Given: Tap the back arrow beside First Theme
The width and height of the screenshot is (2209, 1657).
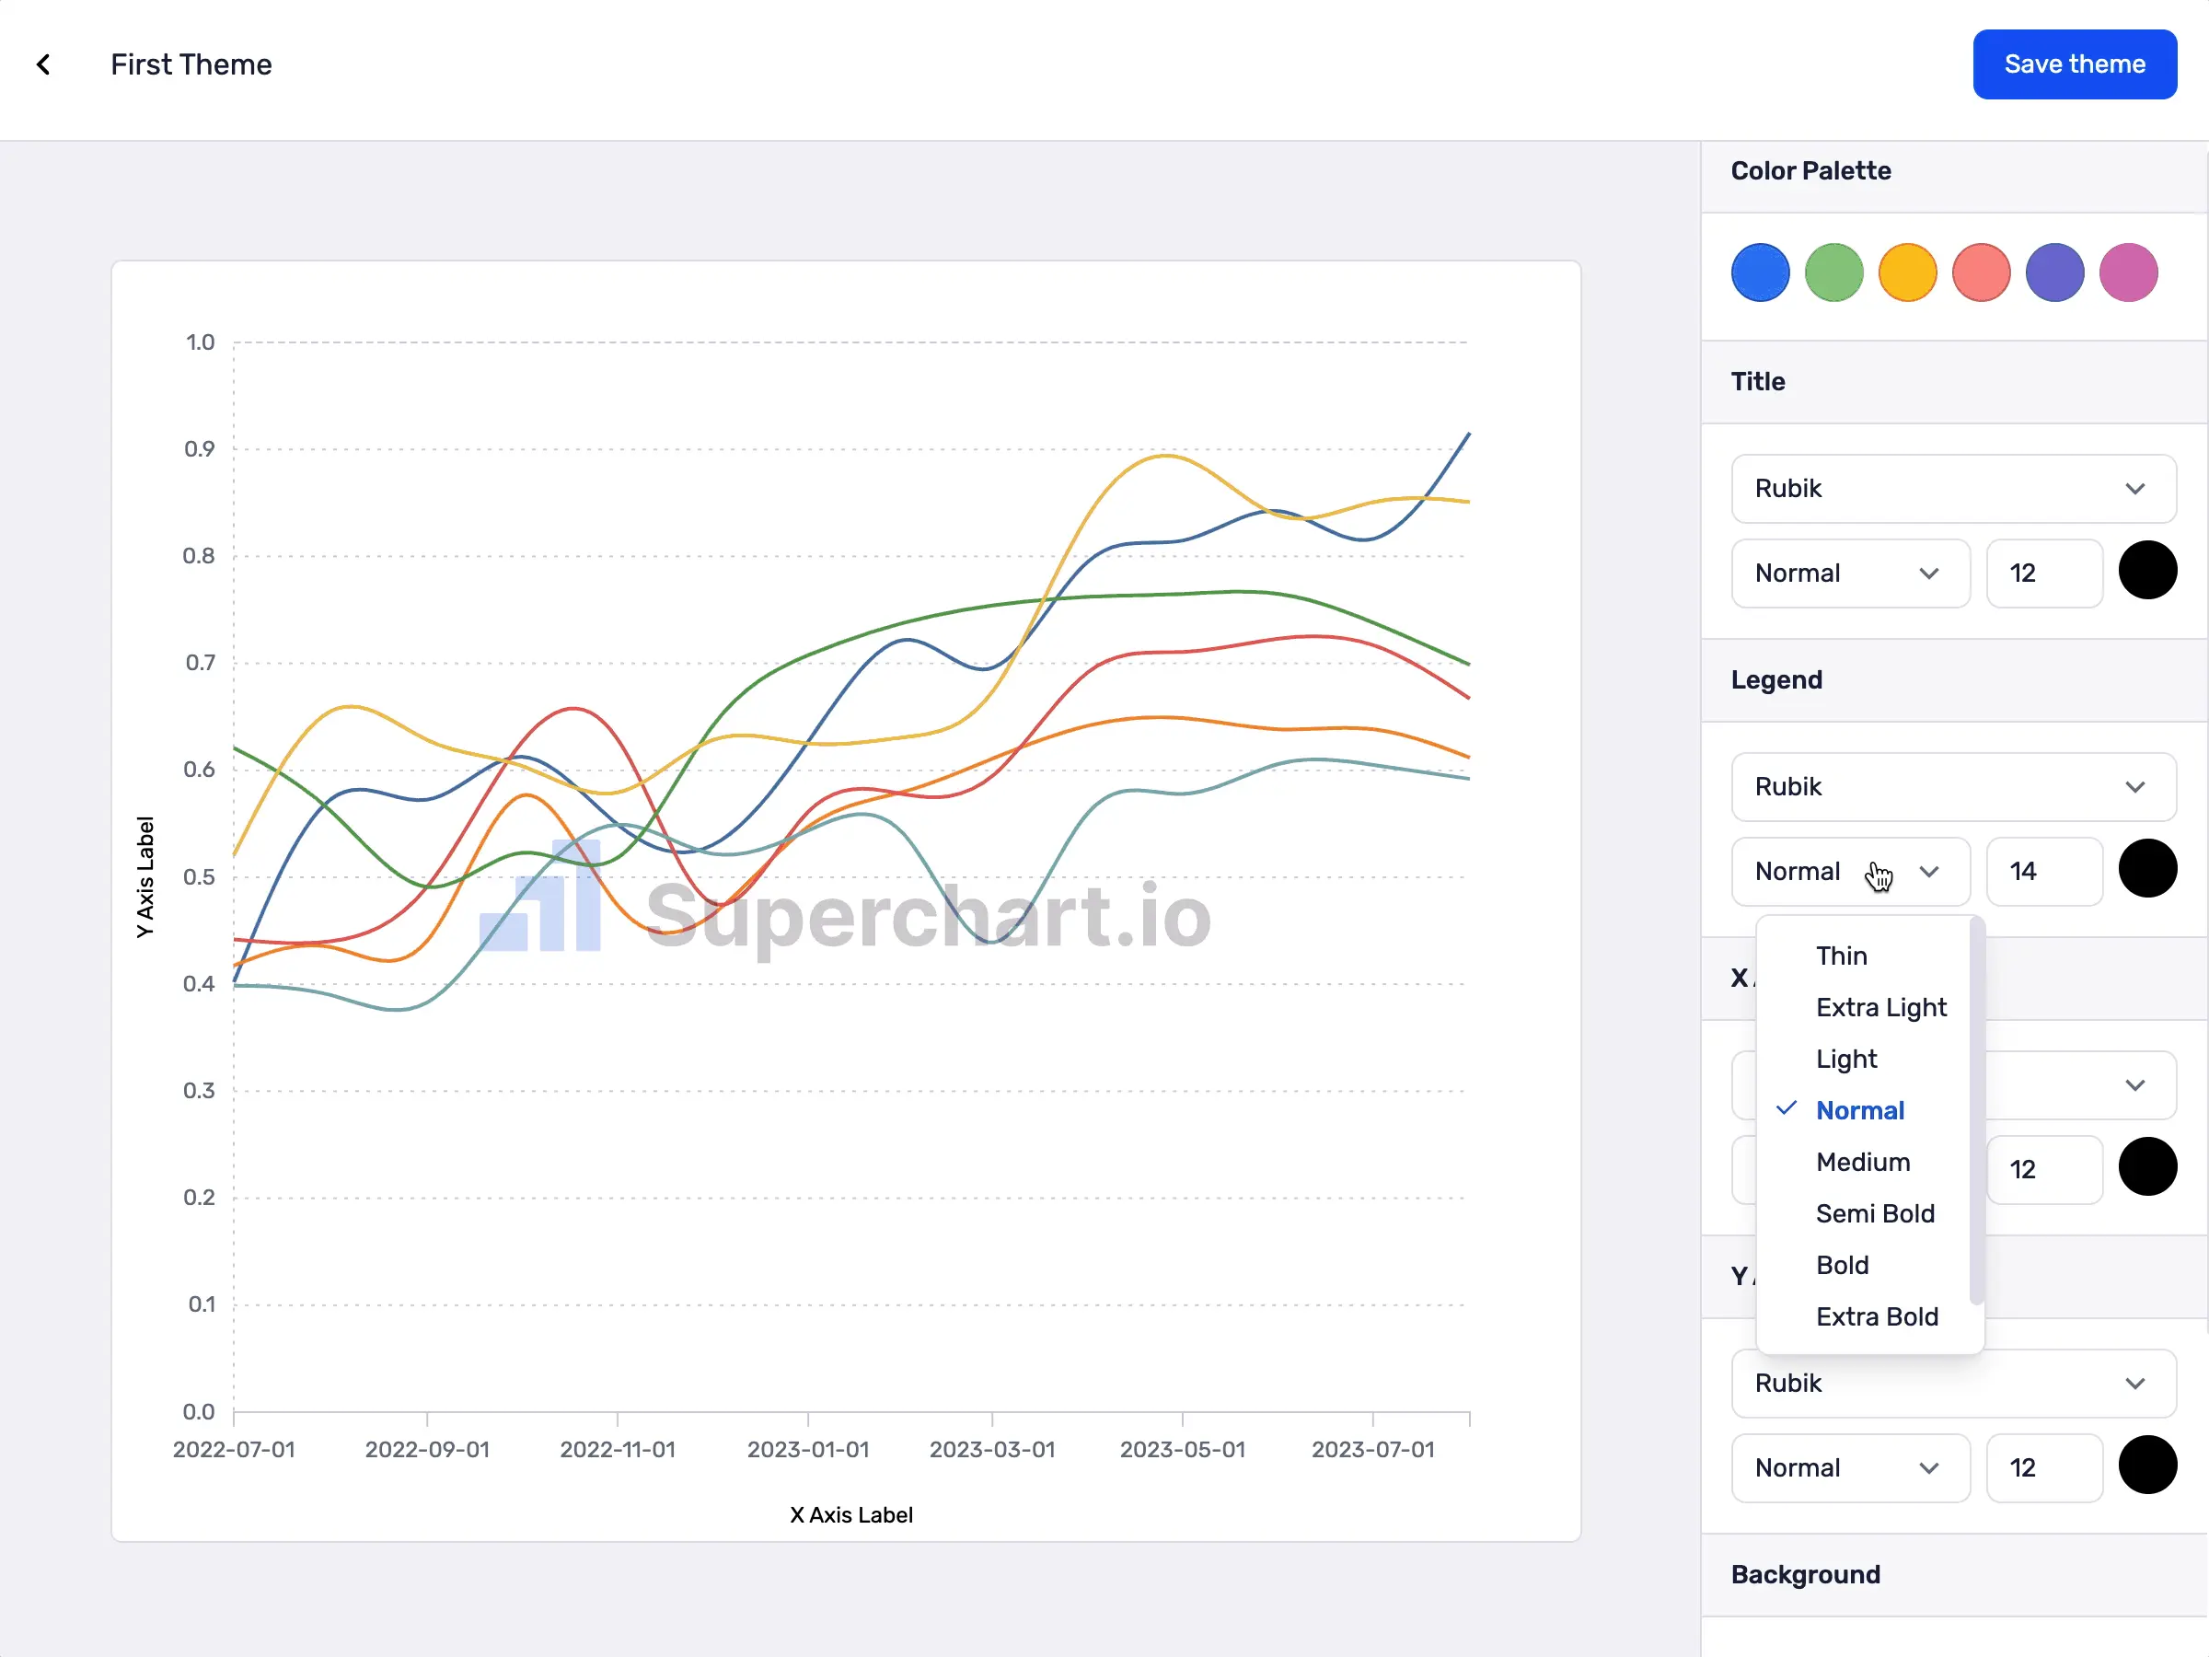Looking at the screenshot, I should tap(44, 65).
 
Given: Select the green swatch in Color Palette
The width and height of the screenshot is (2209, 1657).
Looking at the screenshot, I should tap(1833, 272).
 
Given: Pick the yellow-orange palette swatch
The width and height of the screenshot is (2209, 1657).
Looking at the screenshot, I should tap(1906, 272).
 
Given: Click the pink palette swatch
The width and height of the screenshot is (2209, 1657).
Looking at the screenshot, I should tap(2128, 272).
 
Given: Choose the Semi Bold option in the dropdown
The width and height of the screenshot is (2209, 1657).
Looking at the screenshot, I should tap(1875, 1213).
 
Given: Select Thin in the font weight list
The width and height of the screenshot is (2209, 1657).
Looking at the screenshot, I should tap(1841, 956).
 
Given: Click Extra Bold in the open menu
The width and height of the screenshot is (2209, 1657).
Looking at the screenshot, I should tap(1877, 1316).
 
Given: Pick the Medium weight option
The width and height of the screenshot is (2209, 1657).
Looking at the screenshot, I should tap(1863, 1162).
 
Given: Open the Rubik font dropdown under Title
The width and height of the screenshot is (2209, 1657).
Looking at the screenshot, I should tap(1952, 489).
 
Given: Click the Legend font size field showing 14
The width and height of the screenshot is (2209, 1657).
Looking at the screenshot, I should tap(2043, 871).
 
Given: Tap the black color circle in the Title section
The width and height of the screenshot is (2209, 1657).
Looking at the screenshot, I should tap(2147, 571).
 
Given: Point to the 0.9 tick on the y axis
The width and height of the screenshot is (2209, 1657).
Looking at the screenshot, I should tap(200, 448).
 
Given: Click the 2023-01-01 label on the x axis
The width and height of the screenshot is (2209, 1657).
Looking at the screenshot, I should tap(808, 1449).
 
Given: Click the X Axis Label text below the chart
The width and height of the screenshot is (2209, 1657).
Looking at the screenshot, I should tap(850, 1515).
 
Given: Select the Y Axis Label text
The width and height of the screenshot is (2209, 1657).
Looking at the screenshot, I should tap(145, 877).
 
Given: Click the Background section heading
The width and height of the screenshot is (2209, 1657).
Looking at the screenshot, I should tap(1805, 1574).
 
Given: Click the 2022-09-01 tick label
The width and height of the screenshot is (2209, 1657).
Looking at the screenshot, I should tap(426, 1449).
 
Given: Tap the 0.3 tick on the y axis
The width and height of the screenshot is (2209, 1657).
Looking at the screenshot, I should tap(199, 1091).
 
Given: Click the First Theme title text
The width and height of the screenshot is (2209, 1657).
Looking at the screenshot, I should tap(191, 65).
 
